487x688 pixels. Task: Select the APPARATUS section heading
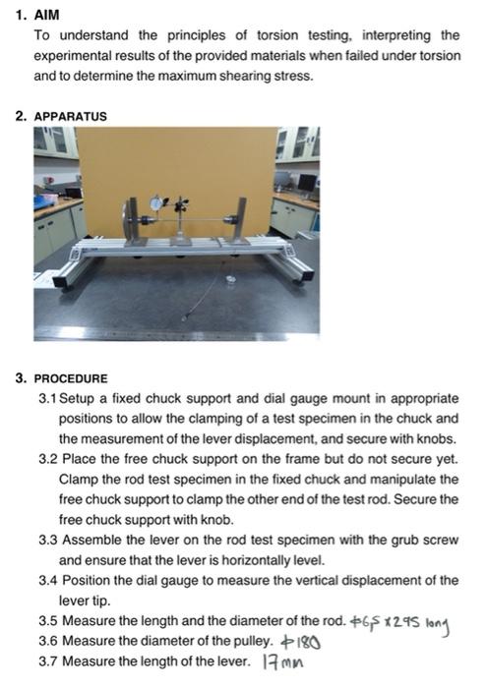click(x=70, y=116)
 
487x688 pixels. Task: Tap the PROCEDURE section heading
click(x=70, y=378)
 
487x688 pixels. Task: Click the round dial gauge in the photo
click(x=157, y=202)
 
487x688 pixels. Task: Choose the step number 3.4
click(x=47, y=580)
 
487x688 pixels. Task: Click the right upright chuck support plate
click(x=237, y=220)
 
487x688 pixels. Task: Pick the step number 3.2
click(x=47, y=459)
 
